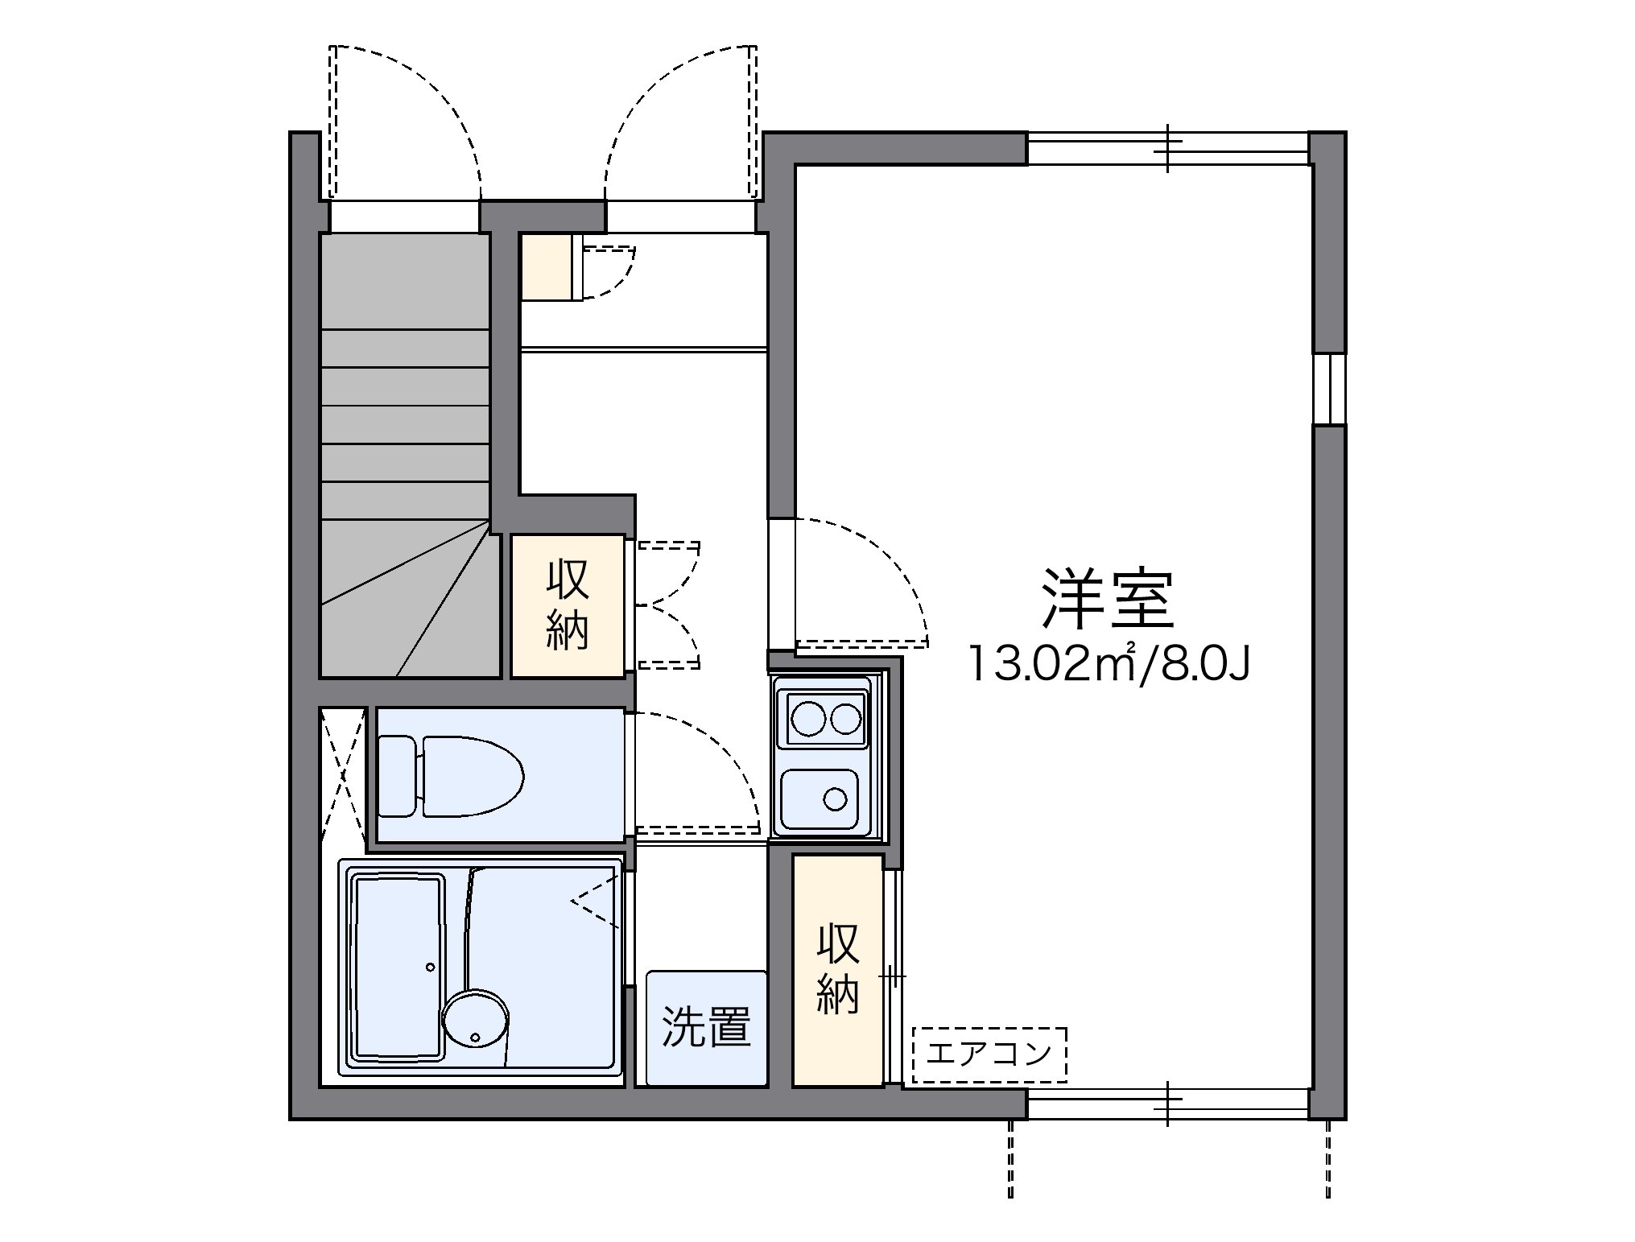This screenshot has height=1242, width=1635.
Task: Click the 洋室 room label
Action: pyautogui.click(x=1108, y=599)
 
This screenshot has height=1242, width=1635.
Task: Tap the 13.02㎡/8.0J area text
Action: pyautogui.click(x=1109, y=664)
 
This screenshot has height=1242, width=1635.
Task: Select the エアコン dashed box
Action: pyautogui.click(x=989, y=1054)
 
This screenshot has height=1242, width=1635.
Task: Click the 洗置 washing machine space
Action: pyautogui.click(x=706, y=1028)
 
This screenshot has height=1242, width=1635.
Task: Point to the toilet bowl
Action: pyautogui.click(x=473, y=777)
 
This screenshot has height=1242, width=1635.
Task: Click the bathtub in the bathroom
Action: pyautogui.click(x=398, y=967)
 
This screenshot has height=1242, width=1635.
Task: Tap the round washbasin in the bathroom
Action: pyautogui.click(x=475, y=1018)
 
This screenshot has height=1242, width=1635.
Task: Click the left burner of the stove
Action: pyautogui.click(x=807, y=719)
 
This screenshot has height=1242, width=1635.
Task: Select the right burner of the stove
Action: pyautogui.click(x=845, y=719)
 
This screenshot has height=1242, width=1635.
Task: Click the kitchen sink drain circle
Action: pyautogui.click(x=836, y=798)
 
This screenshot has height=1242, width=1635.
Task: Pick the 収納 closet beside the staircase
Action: pyautogui.click(x=568, y=605)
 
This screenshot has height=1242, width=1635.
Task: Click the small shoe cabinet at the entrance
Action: pyautogui.click(x=547, y=266)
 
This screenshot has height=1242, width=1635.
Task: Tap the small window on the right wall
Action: pyautogui.click(x=1329, y=389)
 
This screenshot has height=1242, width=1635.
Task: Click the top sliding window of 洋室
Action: pyautogui.click(x=1167, y=149)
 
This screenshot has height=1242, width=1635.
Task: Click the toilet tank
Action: pyautogui.click(x=398, y=777)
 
